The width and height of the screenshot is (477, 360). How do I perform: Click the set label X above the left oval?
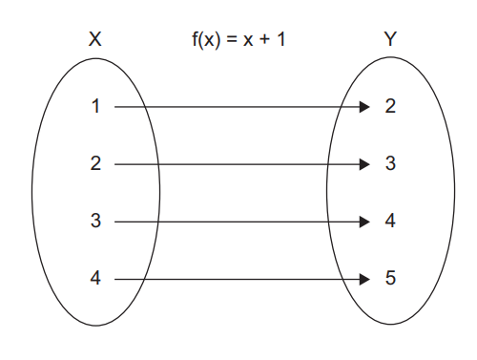pyautogui.click(x=94, y=40)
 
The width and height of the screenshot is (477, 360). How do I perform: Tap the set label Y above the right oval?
pyautogui.click(x=389, y=40)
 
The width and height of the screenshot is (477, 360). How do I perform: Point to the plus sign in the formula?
pyautogui.click(x=264, y=41)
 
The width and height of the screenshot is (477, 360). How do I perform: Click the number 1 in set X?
pyautogui.click(x=95, y=107)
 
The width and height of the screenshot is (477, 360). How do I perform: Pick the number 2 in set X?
pyautogui.click(x=95, y=164)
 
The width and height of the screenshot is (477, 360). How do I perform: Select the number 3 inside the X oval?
pyautogui.click(x=95, y=222)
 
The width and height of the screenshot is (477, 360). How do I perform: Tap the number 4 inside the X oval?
pyautogui.click(x=95, y=279)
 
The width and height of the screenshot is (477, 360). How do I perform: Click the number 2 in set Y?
pyautogui.click(x=390, y=107)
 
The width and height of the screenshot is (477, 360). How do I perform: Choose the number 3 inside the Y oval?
pyautogui.click(x=390, y=164)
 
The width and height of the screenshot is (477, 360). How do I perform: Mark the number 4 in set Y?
pyautogui.click(x=390, y=222)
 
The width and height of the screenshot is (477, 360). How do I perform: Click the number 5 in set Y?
pyautogui.click(x=390, y=279)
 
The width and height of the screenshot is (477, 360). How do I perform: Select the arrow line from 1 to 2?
pyautogui.click(x=238, y=108)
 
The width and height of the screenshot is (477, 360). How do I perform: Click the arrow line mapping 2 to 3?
pyautogui.click(x=238, y=165)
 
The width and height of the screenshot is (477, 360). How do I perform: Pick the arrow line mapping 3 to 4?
pyautogui.click(x=238, y=222)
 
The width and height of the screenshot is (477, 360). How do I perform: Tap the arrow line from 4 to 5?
pyautogui.click(x=238, y=280)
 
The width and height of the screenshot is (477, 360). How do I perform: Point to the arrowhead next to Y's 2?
pyautogui.click(x=363, y=108)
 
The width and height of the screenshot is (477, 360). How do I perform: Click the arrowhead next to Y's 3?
pyautogui.click(x=363, y=165)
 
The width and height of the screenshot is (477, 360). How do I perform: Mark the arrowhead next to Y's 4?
pyautogui.click(x=363, y=222)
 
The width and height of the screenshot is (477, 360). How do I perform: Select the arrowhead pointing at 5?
pyautogui.click(x=363, y=280)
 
